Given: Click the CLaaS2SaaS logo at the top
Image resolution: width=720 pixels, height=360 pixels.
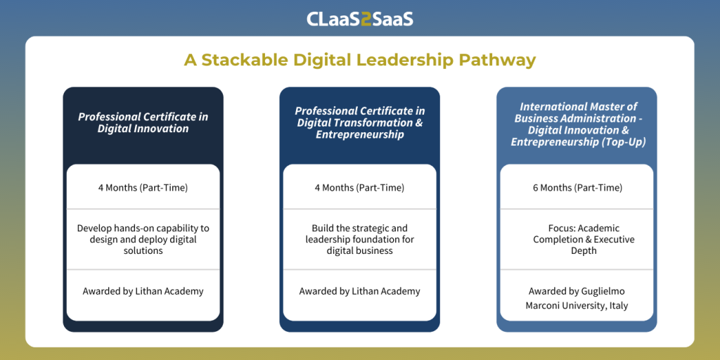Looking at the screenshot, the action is pos(360,19).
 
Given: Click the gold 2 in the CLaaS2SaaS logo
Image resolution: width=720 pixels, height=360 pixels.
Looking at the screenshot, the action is pos(366,19).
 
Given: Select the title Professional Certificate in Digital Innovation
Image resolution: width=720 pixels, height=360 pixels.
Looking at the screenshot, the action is pos(143,122).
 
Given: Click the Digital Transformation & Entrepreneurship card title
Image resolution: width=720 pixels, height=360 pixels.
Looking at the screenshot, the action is pos(359,122).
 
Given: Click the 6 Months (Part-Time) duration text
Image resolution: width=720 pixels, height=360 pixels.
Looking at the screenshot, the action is pos(577,188).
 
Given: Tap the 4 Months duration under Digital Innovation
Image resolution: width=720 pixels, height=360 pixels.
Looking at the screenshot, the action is pos(143,188).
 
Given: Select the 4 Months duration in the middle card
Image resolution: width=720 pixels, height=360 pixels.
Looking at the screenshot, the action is pos(359,188).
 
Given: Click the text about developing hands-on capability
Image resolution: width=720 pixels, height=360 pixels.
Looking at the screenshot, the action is pos(143,239).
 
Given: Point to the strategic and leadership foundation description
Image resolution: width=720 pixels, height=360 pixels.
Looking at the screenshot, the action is pos(359,239).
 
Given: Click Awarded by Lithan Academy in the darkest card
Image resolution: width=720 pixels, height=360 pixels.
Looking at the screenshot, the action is pos(143,291).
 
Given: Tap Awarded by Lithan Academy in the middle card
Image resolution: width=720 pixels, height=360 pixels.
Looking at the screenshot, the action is pos(359,291).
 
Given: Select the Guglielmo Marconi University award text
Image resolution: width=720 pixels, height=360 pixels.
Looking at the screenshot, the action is pos(577,298).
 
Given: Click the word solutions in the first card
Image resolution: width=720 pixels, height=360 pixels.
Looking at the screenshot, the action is pos(143,251).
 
